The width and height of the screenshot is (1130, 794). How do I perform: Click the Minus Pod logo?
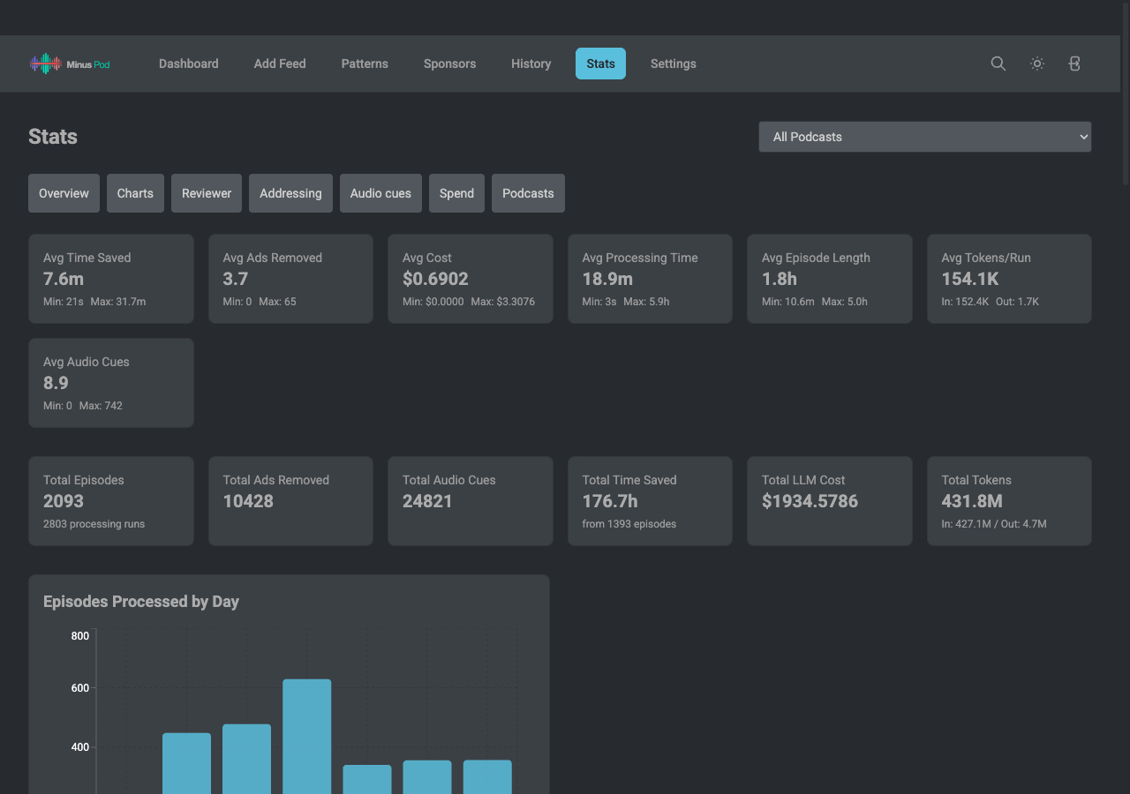click(70, 64)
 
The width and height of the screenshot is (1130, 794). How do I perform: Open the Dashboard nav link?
click(189, 64)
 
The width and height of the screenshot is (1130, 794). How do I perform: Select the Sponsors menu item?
click(449, 64)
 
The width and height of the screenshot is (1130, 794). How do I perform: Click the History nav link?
click(531, 64)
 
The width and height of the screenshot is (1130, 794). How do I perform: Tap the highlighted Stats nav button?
click(600, 64)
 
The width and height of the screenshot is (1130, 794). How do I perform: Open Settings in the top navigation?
click(673, 64)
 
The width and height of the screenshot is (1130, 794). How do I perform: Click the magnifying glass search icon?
click(998, 64)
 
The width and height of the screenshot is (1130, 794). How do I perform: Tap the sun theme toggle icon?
click(1036, 64)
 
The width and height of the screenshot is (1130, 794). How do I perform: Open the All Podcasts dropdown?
click(924, 137)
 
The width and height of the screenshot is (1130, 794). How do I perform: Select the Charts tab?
click(135, 193)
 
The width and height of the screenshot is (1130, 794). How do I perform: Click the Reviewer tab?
click(207, 193)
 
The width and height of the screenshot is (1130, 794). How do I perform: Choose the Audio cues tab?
click(380, 193)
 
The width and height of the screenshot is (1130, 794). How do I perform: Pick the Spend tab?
click(456, 193)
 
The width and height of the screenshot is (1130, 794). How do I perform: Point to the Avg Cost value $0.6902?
click(435, 279)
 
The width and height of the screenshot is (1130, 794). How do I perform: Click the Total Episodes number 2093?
click(63, 501)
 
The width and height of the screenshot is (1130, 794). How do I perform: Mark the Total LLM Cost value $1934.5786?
click(810, 501)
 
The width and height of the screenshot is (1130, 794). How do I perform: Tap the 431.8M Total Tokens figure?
click(972, 501)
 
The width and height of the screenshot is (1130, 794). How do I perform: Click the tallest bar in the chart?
click(306, 737)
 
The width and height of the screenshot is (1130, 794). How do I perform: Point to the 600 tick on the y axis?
click(79, 687)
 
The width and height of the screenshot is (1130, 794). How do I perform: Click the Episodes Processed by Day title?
click(140, 602)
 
